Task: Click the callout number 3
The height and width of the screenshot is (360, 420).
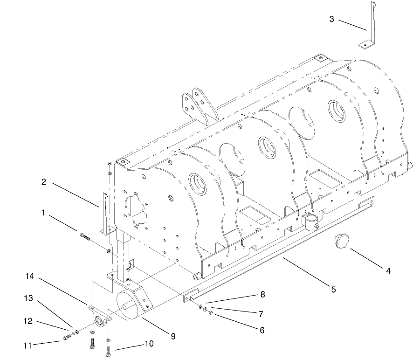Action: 331,19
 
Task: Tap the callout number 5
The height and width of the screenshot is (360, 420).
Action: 333,290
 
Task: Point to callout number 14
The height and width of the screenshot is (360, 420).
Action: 29,277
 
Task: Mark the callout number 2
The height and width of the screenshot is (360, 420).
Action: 43,182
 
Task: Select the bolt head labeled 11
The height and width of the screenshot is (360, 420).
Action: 66,338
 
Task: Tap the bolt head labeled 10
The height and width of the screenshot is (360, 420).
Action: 109,354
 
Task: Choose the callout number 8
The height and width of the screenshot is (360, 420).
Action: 262,295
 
